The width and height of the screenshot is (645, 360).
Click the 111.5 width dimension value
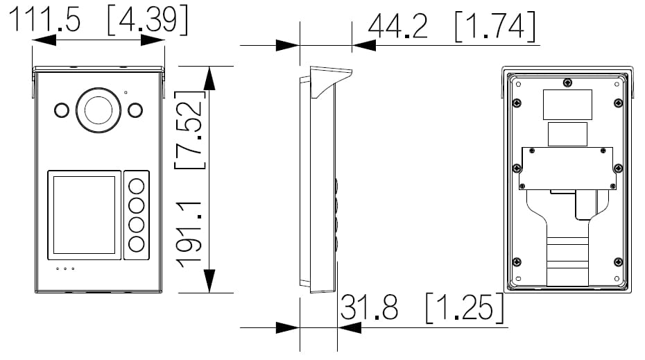pos(44,19)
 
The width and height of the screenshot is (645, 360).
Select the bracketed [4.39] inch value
pos(148,20)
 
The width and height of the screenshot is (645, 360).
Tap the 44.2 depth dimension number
pos(398,26)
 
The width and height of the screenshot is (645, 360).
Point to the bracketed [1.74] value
pos(496,27)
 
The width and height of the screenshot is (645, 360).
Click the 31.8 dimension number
pos(369,307)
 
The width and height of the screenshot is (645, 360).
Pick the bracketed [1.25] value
pos(465,308)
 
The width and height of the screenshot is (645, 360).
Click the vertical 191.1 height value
pos(189,234)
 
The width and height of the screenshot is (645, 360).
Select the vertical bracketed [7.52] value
pos(189,130)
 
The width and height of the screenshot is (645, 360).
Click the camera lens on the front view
pos(98,110)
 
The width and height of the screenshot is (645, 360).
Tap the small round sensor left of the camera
pos(62,110)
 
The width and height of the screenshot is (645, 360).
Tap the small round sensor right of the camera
pos(135,110)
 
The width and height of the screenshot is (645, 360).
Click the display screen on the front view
pos(85,215)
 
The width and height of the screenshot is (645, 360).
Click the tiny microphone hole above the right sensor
pos(126,92)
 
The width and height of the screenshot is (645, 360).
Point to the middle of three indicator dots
pos(65,268)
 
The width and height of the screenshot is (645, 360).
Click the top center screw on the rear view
pos(567,83)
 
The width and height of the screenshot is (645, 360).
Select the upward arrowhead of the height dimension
pos(209,78)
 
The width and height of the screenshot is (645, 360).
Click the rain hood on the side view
pos(331,83)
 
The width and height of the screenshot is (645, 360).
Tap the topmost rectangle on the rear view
pos(567,105)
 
